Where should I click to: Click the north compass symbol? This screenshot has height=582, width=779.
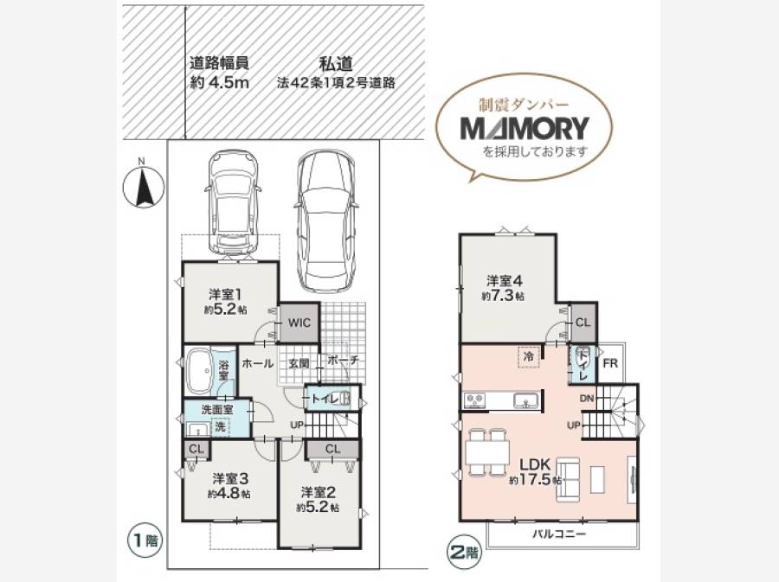coord(143,187)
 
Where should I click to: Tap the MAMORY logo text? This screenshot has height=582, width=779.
coord(525,128)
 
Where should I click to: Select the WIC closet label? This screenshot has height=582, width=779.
coord(299,323)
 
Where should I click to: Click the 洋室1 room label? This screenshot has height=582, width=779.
coord(225,294)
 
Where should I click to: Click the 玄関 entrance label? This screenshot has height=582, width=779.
coord(299,363)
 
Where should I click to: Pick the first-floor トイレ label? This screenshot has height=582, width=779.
coord(325,399)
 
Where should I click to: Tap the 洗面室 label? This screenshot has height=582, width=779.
coord(217,410)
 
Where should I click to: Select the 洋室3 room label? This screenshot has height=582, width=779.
coord(229,479)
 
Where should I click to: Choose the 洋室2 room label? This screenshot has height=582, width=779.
coord(318,492)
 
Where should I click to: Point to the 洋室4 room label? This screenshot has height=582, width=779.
coord(505,281)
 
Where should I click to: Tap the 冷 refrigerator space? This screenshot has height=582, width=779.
coord(529,356)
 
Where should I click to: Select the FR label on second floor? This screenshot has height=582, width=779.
coord(610,363)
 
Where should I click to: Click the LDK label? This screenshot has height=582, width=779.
coord(535,465)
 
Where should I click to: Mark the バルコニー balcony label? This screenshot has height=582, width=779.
coord(559,534)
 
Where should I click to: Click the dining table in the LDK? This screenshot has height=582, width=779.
coord(488,452)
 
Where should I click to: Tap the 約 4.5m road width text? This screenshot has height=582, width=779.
coord(220,83)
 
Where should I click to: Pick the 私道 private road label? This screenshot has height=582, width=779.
coord(336,63)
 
